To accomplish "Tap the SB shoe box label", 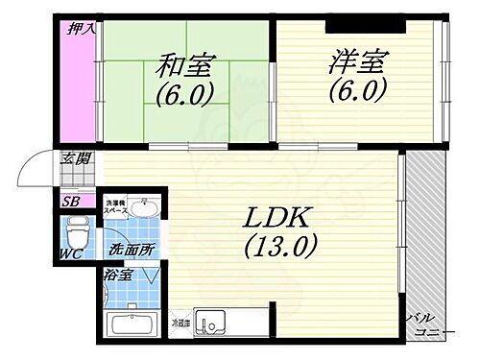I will pyautogui.click(x=71, y=203).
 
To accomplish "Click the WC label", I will pyautogui.click(x=70, y=255).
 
